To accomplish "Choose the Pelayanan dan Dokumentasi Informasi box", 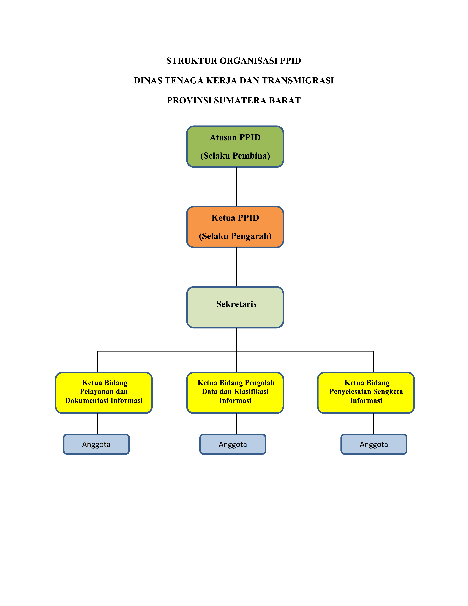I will coord(104,393).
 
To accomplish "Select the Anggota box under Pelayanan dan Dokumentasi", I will coord(96,444).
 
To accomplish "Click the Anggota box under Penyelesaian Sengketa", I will coord(374,444).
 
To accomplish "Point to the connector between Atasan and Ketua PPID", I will coord(236,186).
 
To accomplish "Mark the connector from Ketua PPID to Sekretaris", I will coord(236,267).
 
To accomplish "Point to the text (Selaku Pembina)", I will coord(235,156).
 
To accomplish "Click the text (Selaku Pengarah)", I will coord(235,236).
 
